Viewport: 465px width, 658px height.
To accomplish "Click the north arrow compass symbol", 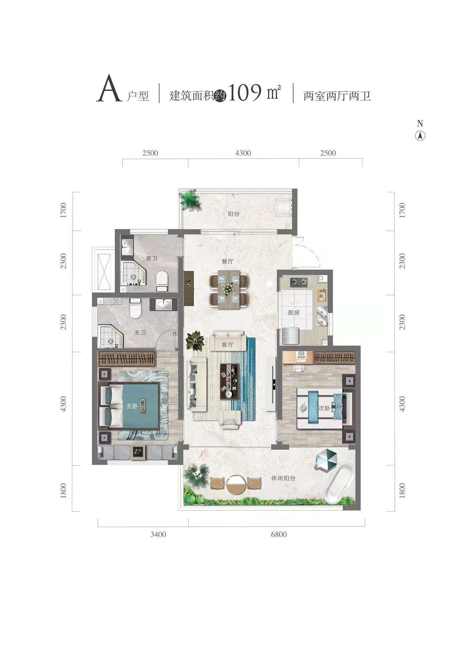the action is click(x=420, y=136).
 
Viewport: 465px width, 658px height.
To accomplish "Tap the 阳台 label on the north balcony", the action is click(x=234, y=214).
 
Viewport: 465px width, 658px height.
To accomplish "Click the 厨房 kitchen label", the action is click(x=294, y=312).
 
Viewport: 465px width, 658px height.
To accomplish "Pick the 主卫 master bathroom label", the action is click(x=140, y=332).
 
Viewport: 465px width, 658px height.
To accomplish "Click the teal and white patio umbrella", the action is click(x=326, y=459).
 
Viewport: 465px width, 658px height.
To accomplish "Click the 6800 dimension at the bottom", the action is click(x=279, y=534).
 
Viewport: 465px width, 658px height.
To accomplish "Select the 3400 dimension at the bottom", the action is click(x=158, y=534).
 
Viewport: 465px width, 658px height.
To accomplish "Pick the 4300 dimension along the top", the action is click(x=243, y=153).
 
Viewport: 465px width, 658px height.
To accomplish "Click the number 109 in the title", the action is click(x=245, y=93).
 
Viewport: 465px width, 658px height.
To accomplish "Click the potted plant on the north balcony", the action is click(x=191, y=200).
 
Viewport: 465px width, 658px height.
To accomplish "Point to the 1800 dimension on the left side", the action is click(x=64, y=490).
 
